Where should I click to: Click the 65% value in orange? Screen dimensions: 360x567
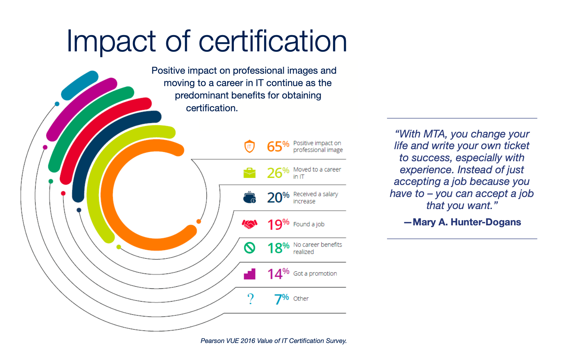click(277, 146)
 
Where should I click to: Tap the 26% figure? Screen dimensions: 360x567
click(277, 173)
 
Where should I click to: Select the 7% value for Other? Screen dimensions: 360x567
click(281, 299)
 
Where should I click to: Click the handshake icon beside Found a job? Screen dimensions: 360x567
click(249, 224)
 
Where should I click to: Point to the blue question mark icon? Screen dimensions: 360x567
click(251, 299)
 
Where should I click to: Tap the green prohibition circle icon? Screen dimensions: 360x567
click(249, 248)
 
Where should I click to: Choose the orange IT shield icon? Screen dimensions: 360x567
click(249, 146)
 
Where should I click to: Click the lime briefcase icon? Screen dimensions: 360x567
click(249, 173)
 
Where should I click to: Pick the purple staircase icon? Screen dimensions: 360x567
click(249, 274)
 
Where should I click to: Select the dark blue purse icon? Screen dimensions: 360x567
click(249, 198)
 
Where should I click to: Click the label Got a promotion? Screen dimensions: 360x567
click(315, 274)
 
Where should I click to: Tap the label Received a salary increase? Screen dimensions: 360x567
click(315, 198)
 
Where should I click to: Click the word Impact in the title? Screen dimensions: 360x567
click(111, 41)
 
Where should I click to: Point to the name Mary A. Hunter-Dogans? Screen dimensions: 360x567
click(466, 222)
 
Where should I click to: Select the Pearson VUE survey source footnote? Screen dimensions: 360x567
click(274, 341)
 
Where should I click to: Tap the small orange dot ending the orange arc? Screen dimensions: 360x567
click(199, 221)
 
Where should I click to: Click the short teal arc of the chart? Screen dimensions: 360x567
click(80, 85)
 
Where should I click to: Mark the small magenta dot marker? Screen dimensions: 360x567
click(45, 147)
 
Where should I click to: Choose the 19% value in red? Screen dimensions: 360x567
click(277, 224)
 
